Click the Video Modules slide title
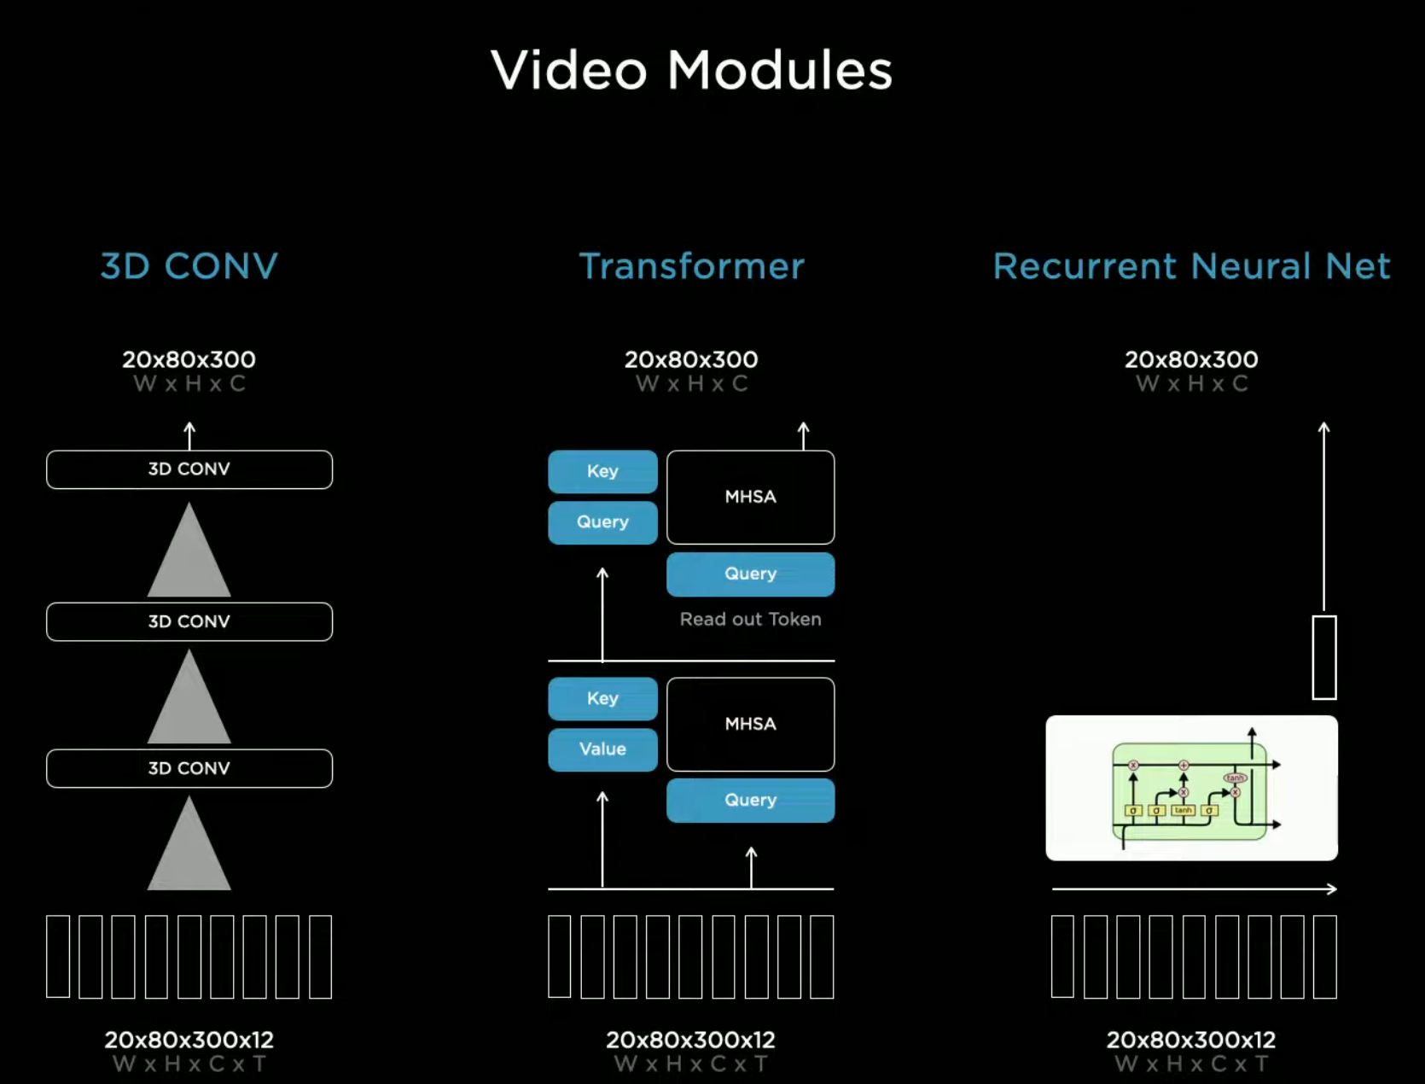[691, 70]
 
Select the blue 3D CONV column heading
[189, 266]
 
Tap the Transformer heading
[691, 266]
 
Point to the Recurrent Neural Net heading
[1191, 266]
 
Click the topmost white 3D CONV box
[189, 469]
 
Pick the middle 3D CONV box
[189, 621]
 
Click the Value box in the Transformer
[602, 749]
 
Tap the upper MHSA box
[750, 497]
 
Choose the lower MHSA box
[750, 724]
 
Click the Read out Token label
[750, 620]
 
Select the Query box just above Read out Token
[750, 574]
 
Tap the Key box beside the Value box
[602, 698]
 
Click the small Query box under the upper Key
[602, 522]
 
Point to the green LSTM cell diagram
[1191, 788]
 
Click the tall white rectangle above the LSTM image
[1323, 657]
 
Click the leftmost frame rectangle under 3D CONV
[58, 956]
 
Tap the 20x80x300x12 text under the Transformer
[690, 1040]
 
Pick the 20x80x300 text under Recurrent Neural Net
[1191, 359]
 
